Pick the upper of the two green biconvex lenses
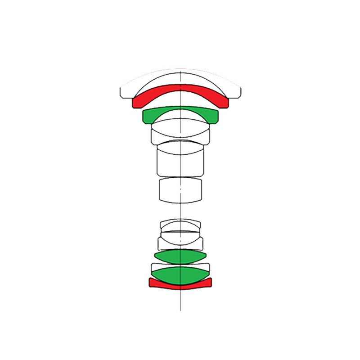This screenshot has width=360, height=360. coord(180,256)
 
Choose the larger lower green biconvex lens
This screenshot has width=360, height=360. coord(180,275)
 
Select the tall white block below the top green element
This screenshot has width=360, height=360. coord(180,162)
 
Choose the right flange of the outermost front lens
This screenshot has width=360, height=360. coord(237,92)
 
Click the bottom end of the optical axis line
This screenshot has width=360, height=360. coord(180,310)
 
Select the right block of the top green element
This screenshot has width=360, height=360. coord(213,117)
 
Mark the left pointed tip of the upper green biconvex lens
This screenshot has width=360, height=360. coord(155,256)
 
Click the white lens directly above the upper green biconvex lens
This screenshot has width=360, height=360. coord(180,243)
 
